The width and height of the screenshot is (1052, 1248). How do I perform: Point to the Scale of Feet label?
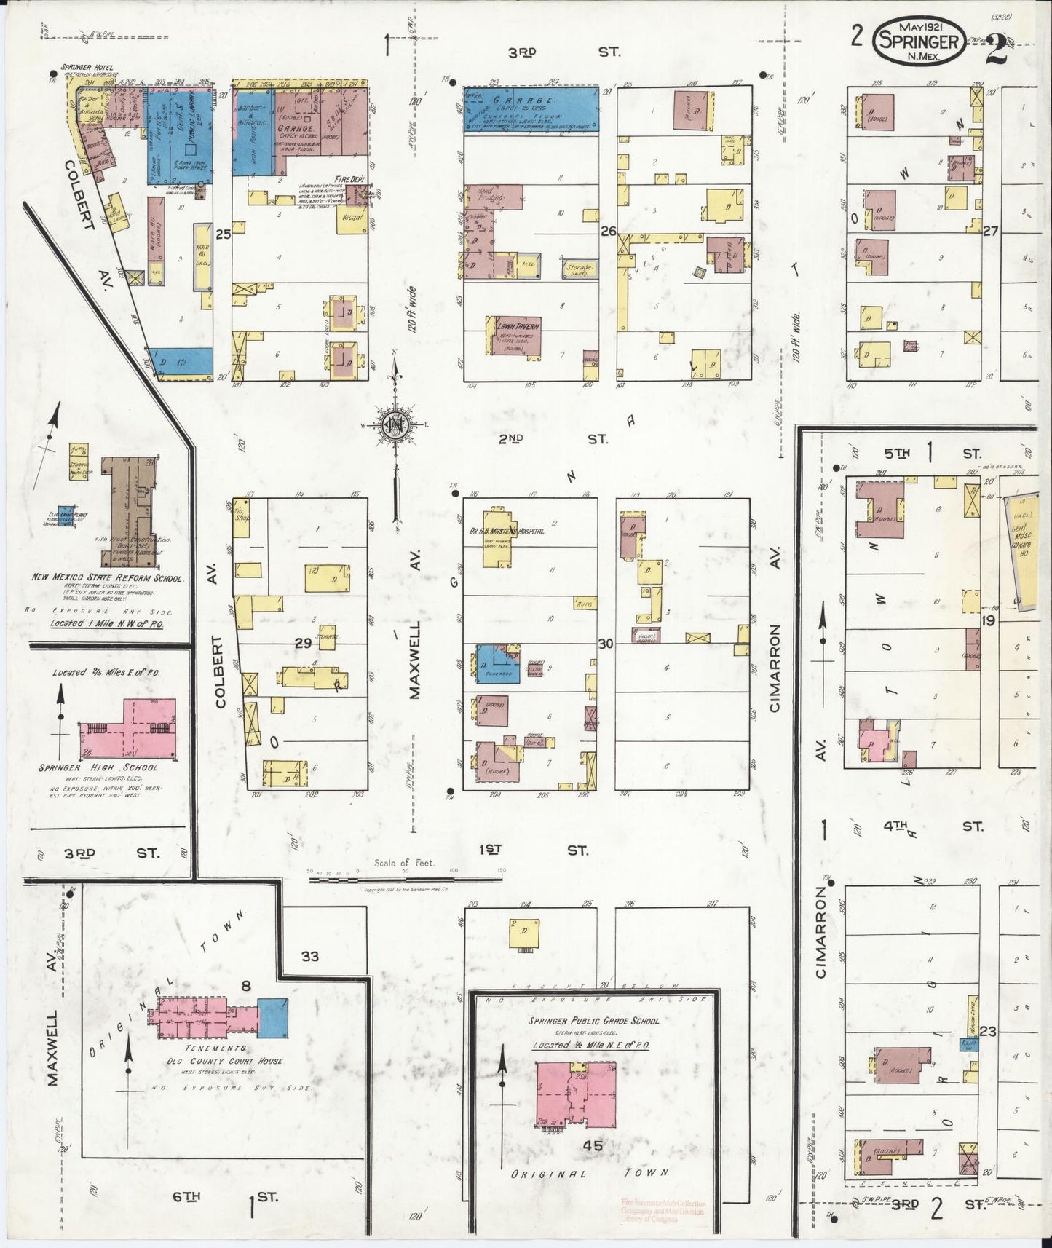404,863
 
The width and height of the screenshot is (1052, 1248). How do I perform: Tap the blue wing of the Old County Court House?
273,1017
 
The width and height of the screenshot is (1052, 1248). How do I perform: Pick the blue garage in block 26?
531,110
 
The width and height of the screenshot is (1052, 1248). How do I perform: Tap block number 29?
303,643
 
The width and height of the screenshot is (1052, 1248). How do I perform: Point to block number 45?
593,1145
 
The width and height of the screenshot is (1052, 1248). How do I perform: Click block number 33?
310,956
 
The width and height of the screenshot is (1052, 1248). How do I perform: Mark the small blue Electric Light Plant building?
66,514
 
